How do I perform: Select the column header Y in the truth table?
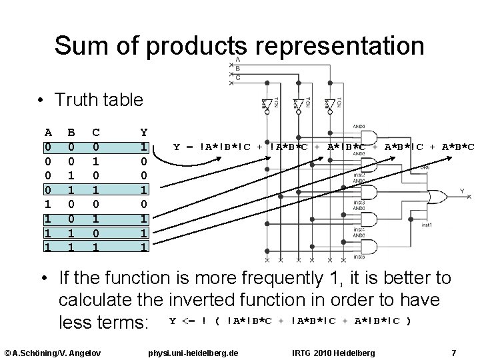144,133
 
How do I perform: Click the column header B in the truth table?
71,133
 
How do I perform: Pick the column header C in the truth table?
97,133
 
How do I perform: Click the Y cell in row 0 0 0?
144,147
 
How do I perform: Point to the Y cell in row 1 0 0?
144,203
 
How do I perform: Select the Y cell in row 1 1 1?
144,246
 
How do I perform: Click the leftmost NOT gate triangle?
265,105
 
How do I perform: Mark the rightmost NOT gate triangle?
328,105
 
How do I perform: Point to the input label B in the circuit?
238,69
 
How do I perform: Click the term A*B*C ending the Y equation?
459,147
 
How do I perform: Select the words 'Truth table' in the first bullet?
99,100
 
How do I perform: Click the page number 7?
453,351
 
